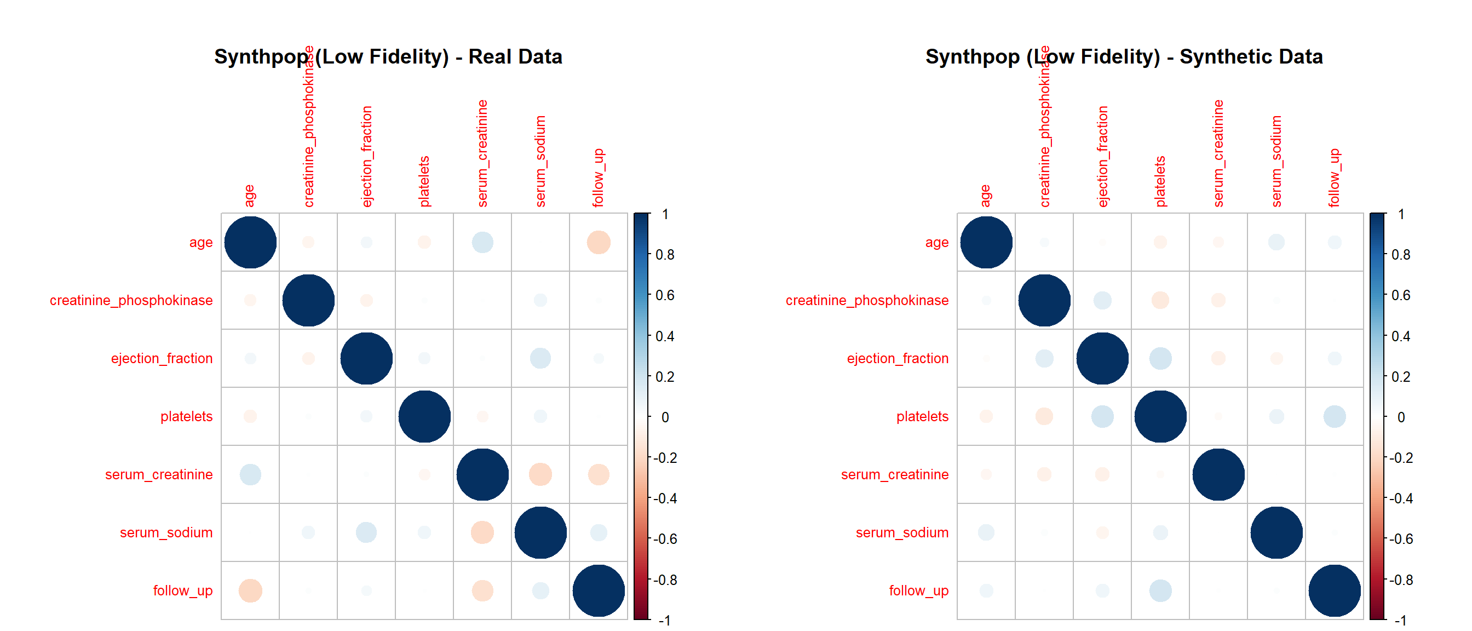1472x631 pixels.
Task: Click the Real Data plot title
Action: [388, 56]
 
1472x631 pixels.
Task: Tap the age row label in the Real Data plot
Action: [200, 242]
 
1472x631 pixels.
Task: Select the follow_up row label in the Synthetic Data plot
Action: [918, 590]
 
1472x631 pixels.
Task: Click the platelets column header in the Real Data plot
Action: [424, 181]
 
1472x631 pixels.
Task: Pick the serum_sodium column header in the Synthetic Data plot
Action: [1276, 161]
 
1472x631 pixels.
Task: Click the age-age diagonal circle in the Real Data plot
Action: [250, 242]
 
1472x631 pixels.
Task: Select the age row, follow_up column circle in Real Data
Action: [599, 242]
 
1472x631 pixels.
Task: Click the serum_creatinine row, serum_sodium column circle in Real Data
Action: [540, 474]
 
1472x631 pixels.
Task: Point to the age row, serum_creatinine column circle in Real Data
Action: [482, 242]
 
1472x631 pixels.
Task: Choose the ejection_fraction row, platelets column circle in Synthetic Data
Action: [1160, 358]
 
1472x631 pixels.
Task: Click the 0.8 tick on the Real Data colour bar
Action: [665, 255]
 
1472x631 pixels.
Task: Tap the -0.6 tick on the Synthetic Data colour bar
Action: [1401, 539]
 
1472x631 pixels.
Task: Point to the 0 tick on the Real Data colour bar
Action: [665, 417]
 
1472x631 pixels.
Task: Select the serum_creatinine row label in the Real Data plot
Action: [158, 474]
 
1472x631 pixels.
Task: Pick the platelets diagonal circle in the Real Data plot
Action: [424, 416]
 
